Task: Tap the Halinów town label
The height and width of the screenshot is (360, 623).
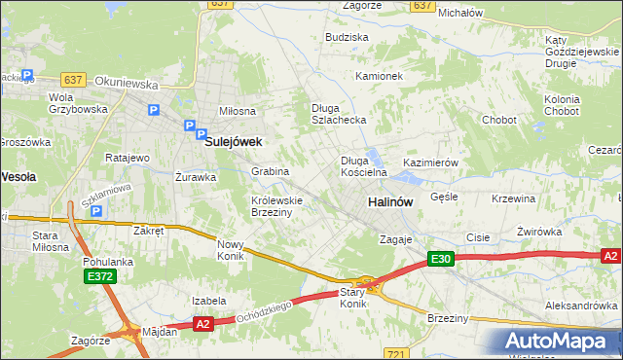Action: [390, 201]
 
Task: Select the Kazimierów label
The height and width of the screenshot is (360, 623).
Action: [430, 162]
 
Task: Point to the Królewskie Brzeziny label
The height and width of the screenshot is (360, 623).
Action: [277, 205]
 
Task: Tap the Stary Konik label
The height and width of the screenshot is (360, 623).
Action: [352, 298]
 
